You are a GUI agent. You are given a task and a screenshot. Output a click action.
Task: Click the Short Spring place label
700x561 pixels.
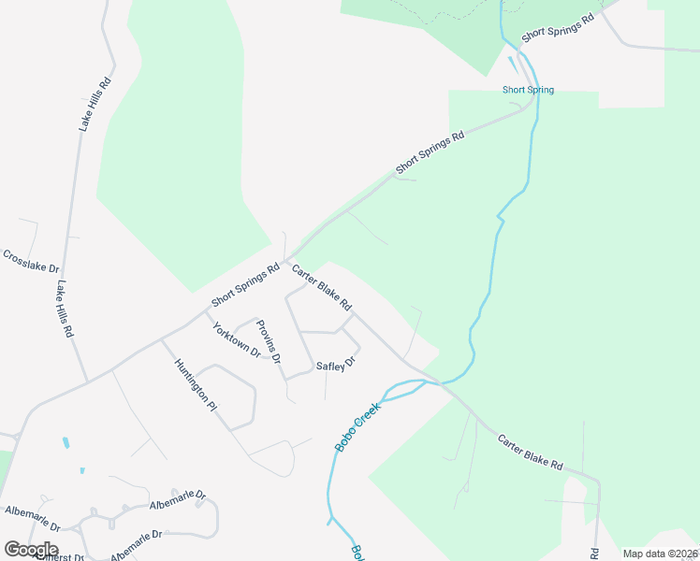coord(528,90)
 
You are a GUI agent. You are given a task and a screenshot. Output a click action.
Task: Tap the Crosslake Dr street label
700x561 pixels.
coord(30,268)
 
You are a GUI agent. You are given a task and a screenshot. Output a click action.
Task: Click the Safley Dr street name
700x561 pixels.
coord(336,365)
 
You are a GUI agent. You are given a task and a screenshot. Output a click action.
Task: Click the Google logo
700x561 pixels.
coord(31,549)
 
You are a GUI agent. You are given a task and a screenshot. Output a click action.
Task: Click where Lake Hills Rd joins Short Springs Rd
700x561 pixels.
coord(87,381)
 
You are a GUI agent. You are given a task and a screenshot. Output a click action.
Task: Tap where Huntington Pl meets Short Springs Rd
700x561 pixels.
coord(161,338)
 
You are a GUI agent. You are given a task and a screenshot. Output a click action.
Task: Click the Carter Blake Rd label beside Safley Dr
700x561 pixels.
coord(321,288)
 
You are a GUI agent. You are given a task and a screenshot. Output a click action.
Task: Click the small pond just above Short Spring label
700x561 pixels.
coord(513,65)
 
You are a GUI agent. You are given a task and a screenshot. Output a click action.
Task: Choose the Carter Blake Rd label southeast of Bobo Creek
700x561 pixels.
coord(530,452)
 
